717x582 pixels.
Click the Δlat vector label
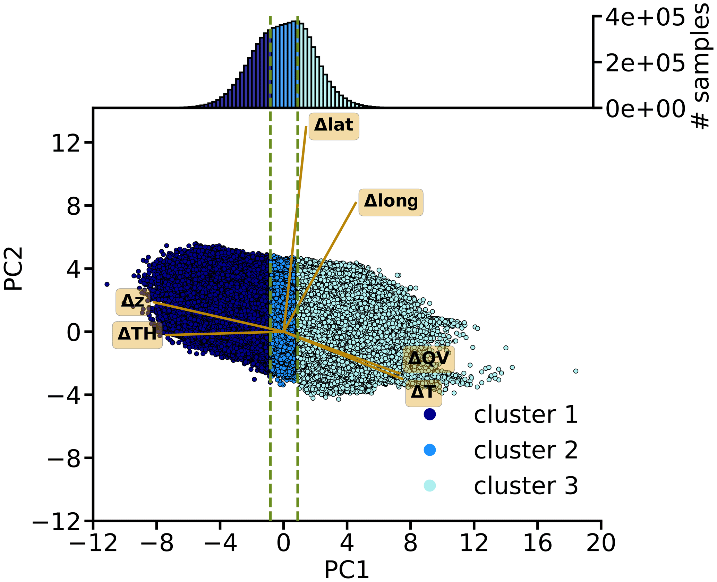[334, 126]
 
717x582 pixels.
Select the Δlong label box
[391, 202]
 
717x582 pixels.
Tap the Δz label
[132, 302]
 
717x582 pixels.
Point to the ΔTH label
[137, 335]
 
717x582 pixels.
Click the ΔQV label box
[429, 359]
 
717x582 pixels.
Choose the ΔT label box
[423, 393]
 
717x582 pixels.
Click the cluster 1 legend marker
[429, 414]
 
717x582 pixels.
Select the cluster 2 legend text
[526, 450]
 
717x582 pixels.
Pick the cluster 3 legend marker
[429, 486]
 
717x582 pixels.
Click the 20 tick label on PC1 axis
[601, 543]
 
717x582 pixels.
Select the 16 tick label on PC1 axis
[537, 543]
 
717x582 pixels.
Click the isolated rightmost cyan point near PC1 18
[576, 371]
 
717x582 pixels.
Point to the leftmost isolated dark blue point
[107, 284]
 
